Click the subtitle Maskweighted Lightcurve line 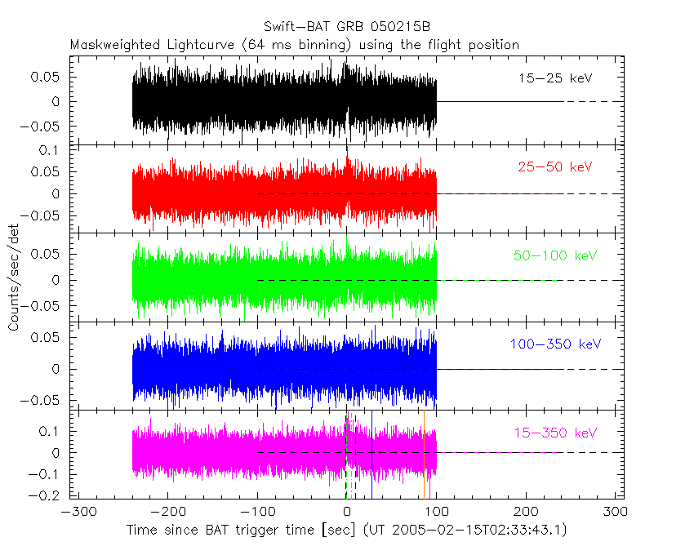click(x=294, y=45)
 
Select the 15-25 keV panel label click(x=554, y=79)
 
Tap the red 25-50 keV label click(x=554, y=167)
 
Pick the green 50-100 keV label click(x=554, y=255)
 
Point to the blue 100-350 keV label click(x=554, y=344)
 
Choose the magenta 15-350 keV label click(x=554, y=432)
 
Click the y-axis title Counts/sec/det click(x=14, y=277)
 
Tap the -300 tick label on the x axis click(x=76, y=513)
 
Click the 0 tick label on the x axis click(x=347, y=513)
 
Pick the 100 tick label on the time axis click(x=437, y=513)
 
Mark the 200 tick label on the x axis click(x=527, y=513)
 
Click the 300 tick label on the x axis click(x=616, y=513)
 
